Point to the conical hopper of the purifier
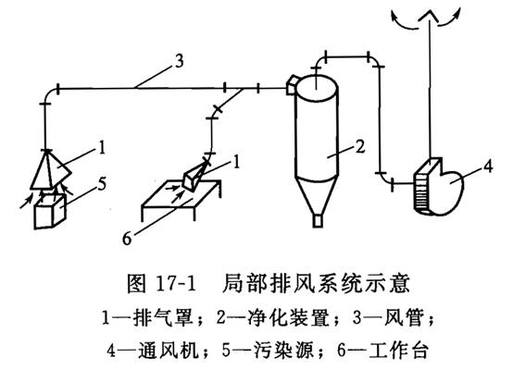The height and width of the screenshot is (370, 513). pos(317,196)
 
